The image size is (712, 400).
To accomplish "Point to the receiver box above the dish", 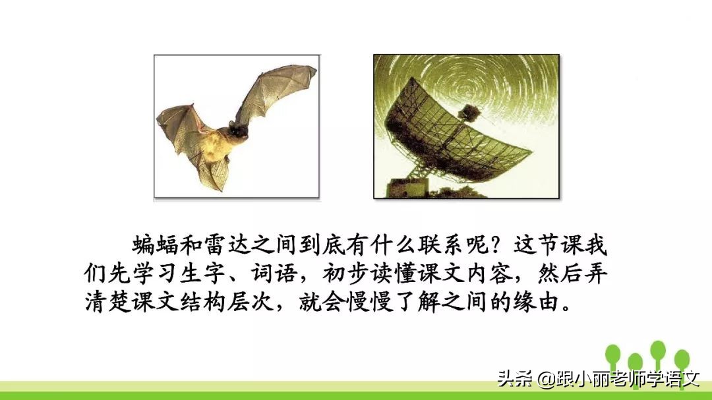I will (469, 110).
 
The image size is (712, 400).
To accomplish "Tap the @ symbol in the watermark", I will (545, 380).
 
